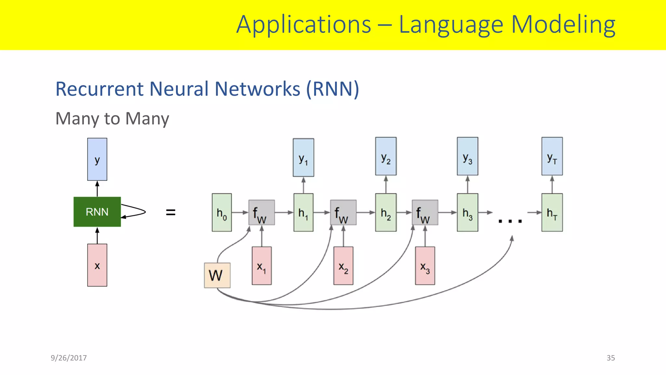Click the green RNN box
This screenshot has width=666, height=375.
(97, 212)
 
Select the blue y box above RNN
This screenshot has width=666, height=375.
(97, 159)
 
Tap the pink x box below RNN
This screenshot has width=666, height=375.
(97, 265)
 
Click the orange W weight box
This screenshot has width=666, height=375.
(217, 275)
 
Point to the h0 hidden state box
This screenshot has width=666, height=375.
(222, 213)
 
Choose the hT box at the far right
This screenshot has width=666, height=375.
(552, 213)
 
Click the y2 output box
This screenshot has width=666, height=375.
(386, 157)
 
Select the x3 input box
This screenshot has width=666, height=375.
(425, 266)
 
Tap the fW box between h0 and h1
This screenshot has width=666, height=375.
(261, 213)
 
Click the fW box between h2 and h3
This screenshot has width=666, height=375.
(425, 213)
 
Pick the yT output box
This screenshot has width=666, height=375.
(552, 157)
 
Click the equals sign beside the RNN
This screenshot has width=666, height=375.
(170, 213)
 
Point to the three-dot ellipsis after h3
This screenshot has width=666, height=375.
(510, 221)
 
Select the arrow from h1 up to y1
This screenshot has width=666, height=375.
(303, 185)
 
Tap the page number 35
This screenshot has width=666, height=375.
(610, 358)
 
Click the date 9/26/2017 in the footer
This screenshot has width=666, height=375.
(69, 358)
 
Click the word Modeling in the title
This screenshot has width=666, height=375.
(563, 25)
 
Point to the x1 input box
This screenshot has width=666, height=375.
(261, 266)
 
